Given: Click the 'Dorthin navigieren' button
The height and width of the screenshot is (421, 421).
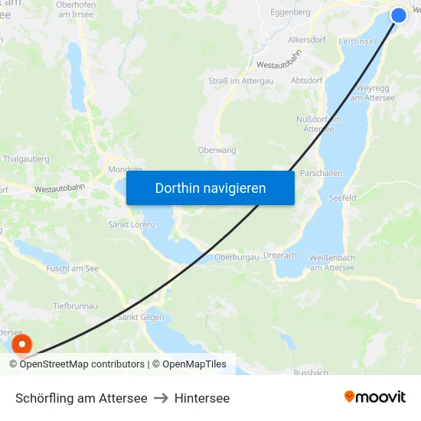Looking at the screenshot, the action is pyautogui.click(x=210, y=188).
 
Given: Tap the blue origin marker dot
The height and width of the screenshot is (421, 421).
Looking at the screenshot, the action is pyautogui.click(x=399, y=15).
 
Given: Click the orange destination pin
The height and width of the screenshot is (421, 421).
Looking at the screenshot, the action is pyautogui.click(x=22, y=345).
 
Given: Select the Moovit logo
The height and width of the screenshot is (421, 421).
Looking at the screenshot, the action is pyautogui.click(x=374, y=397).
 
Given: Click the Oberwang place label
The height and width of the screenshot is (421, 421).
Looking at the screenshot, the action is pyautogui.click(x=217, y=150).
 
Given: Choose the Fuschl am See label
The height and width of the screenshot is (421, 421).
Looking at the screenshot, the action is pyautogui.click(x=73, y=269).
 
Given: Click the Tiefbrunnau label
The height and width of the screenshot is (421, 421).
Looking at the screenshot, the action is pyautogui.click(x=75, y=305).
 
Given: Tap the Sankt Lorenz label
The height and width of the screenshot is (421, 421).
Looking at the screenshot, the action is pyautogui.click(x=132, y=224).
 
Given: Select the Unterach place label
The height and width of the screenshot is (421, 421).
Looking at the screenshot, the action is pyautogui.click(x=279, y=255).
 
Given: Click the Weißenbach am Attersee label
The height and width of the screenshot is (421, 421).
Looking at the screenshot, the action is pyautogui.click(x=333, y=263).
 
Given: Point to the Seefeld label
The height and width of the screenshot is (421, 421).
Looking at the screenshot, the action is pyautogui.click(x=343, y=197).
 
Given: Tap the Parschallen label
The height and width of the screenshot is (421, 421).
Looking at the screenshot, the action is pyautogui.click(x=321, y=173).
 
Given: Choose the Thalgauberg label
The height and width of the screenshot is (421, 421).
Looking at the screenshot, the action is pyautogui.click(x=26, y=159).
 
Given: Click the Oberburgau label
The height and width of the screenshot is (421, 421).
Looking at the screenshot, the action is pyautogui.click(x=237, y=257).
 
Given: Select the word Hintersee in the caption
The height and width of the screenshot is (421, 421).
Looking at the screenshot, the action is pyautogui.click(x=202, y=398).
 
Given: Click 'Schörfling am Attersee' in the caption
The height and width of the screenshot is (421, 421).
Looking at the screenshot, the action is pyautogui.click(x=81, y=398).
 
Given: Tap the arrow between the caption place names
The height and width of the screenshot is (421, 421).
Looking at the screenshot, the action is pyautogui.click(x=161, y=398).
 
